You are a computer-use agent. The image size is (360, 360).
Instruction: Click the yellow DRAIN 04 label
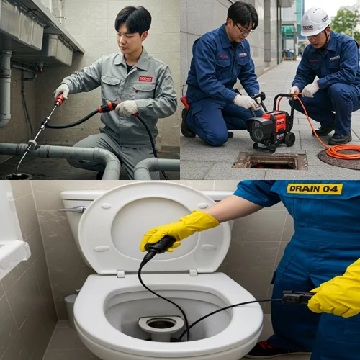click(x=314, y=189)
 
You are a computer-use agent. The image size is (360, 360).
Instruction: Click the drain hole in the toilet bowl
click(x=161, y=325)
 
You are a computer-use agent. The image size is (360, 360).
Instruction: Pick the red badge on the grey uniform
click(x=145, y=78)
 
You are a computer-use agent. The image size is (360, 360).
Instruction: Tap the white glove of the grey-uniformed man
click(x=127, y=108)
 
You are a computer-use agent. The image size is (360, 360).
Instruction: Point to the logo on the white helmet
click(x=308, y=27)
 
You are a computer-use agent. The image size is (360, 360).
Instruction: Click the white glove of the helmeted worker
click(x=310, y=89)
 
